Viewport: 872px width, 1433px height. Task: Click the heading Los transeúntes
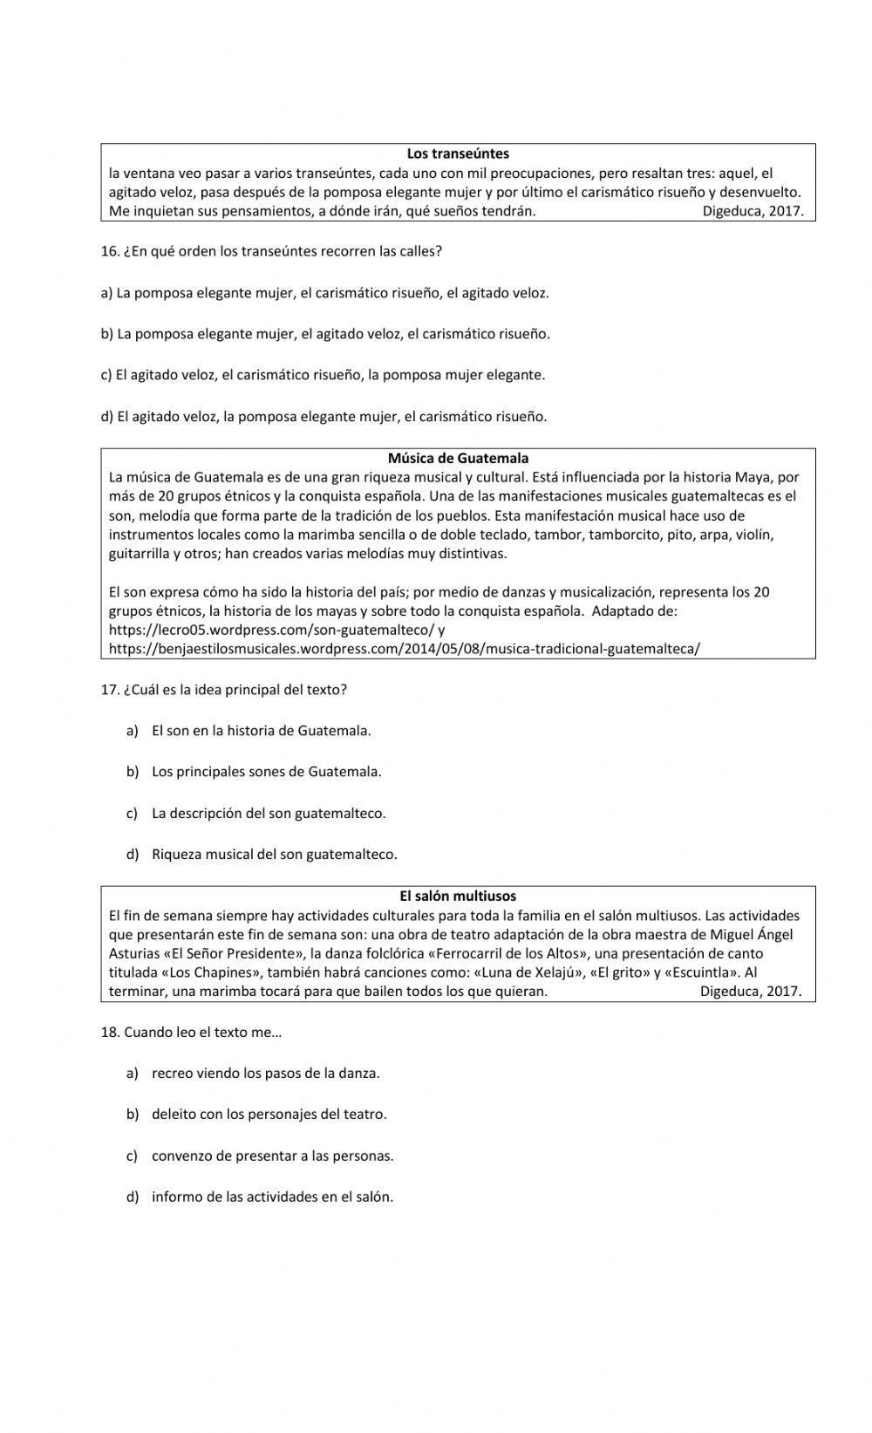pos(458,154)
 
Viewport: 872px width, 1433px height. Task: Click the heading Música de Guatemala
pos(458,458)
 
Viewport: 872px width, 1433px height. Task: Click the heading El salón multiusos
pos(458,896)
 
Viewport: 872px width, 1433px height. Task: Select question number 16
pos(110,251)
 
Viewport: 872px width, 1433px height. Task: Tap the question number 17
pos(110,689)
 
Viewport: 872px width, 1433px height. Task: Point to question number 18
pos(110,1032)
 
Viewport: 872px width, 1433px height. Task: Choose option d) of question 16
pos(324,417)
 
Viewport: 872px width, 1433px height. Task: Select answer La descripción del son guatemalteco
pos(268,813)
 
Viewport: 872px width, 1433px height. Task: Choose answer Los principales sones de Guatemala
pos(266,772)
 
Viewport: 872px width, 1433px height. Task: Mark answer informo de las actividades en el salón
pos(272,1197)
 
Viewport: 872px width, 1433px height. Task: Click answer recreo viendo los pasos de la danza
pos(265,1073)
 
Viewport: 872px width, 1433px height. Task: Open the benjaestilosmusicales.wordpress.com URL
pos(404,649)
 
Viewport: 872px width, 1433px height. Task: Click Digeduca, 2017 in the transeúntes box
pos(753,211)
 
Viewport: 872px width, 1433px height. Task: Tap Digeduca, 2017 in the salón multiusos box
pos(751,992)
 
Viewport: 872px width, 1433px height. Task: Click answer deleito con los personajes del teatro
pos(269,1114)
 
